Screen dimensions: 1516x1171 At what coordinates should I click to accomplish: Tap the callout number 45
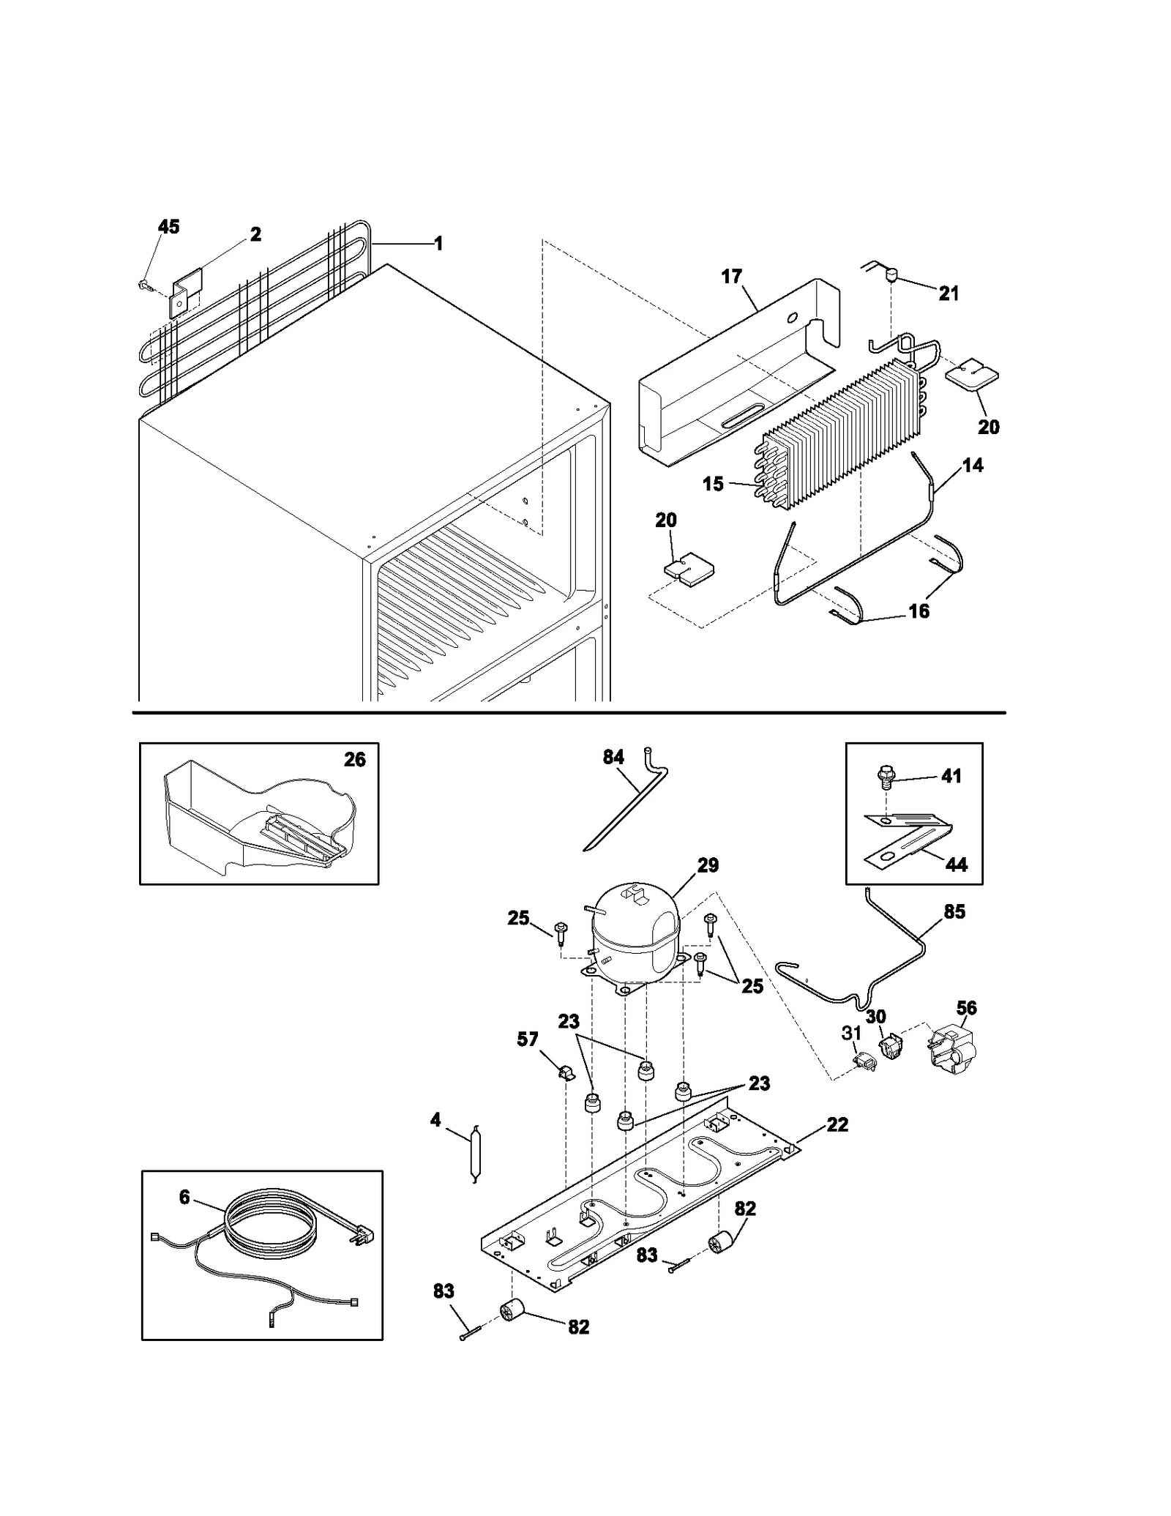(x=168, y=227)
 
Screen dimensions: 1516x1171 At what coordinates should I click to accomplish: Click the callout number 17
(x=731, y=276)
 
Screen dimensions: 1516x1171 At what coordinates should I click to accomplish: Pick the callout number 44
(x=956, y=865)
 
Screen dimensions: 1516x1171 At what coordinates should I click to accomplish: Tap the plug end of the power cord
(x=365, y=1237)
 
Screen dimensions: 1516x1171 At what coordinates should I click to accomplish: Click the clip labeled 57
(x=566, y=1073)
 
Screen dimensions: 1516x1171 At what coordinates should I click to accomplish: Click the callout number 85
(x=954, y=912)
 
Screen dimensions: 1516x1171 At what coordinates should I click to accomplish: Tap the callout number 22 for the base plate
(x=837, y=1124)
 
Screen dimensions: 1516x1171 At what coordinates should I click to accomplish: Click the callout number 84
(x=613, y=757)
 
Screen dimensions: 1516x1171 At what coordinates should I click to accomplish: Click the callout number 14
(x=973, y=465)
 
